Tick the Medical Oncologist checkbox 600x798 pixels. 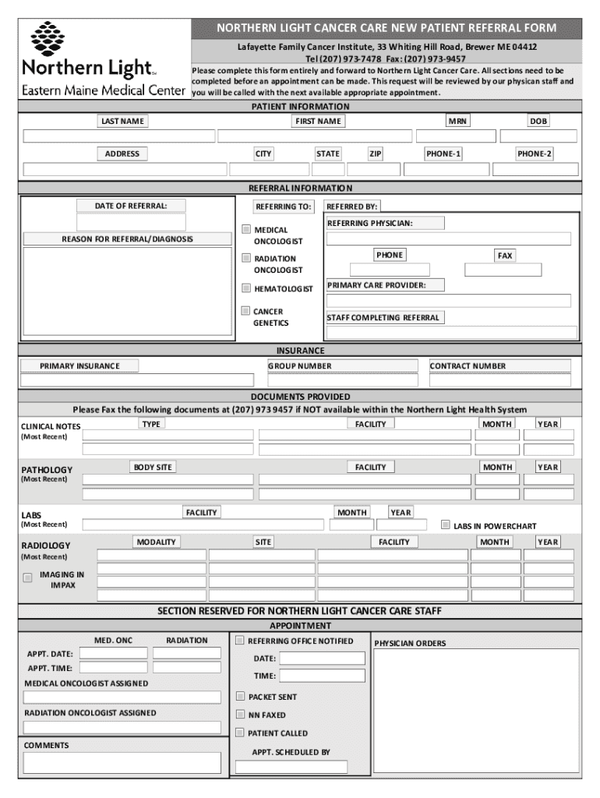click(x=246, y=230)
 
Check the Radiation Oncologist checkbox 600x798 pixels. click(x=246, y=258)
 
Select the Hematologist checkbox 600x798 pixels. click(x=246, y=288)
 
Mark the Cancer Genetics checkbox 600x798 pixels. click(x=246, y=311)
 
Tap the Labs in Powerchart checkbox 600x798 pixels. click(x=446, y=524)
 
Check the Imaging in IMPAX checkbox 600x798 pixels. click(x=28, y=577)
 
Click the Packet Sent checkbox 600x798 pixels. click(x=241, y=696)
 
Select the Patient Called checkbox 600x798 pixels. click(x=241, y=733)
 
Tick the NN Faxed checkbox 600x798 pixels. click(x=241, y=715)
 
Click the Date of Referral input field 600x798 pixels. click(x=131, y=222)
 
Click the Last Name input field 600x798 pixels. click(x=119, y=136)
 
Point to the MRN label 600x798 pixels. click(x=457, y=121)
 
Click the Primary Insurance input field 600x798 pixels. click(x=137, y=380)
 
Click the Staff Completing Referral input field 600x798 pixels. click(x=452, y=333)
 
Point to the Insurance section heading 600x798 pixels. click(x=300, y=351)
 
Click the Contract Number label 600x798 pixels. click(x=467, y=365)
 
